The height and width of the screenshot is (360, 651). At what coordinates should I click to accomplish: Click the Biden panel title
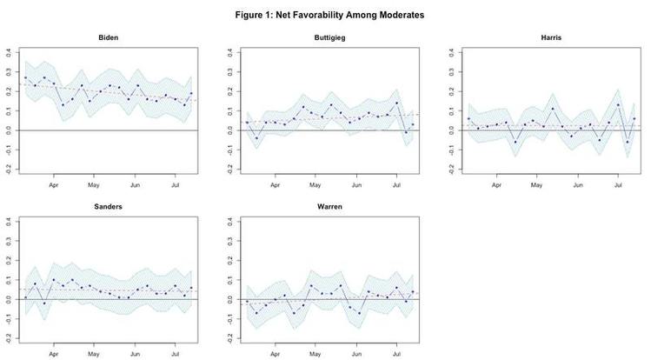108,38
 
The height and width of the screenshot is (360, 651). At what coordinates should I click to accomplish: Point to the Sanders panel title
108,209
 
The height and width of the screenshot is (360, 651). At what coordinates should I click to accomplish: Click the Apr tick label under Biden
54,185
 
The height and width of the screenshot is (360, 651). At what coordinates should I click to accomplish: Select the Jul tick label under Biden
176,185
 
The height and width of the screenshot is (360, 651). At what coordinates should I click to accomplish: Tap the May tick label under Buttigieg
316,185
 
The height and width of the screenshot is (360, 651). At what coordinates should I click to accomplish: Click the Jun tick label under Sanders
136,355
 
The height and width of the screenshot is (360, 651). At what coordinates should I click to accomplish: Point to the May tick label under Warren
316,355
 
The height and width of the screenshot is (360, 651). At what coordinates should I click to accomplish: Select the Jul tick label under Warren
397,355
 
